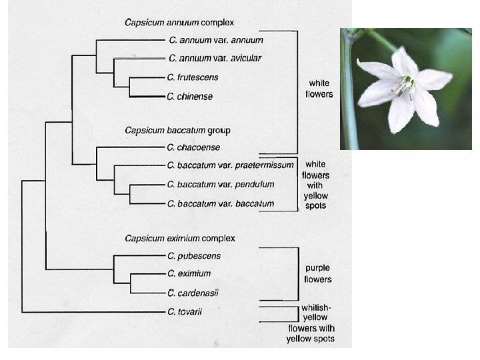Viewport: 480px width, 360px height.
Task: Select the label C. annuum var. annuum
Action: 215,40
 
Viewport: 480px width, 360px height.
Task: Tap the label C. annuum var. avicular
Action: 215,58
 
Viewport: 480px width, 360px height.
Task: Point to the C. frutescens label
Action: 193,77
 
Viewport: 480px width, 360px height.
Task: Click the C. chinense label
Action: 191,97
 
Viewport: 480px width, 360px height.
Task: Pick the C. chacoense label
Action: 194,147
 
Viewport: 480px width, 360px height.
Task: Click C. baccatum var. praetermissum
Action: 231,165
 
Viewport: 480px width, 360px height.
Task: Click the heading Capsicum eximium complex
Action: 180,238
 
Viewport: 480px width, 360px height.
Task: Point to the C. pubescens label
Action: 195,256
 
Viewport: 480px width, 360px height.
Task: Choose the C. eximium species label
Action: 189,273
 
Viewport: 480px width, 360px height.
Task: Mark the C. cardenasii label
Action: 194,293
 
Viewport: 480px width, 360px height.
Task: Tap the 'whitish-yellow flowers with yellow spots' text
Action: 311,323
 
